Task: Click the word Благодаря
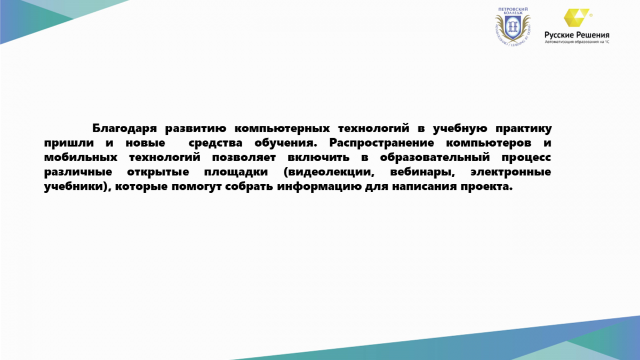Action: [124, 129]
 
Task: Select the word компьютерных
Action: [282, 129]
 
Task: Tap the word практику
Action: [523, 129]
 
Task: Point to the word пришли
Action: [69, 143]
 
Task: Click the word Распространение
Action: [382, 142]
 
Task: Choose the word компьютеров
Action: [489, 143]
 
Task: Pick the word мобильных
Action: [81, 157]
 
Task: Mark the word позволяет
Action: [244, 157]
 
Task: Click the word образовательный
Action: [435, 157]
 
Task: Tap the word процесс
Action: [526, 158]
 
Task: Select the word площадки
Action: [236, 172]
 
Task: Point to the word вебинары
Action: [422, 172]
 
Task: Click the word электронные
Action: [511, 172]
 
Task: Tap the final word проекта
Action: [486, 187]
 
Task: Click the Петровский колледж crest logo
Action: [513, 27]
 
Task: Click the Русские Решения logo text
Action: [577, 35]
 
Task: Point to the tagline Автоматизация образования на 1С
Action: [577, 42]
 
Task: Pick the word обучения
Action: [286, 143]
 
